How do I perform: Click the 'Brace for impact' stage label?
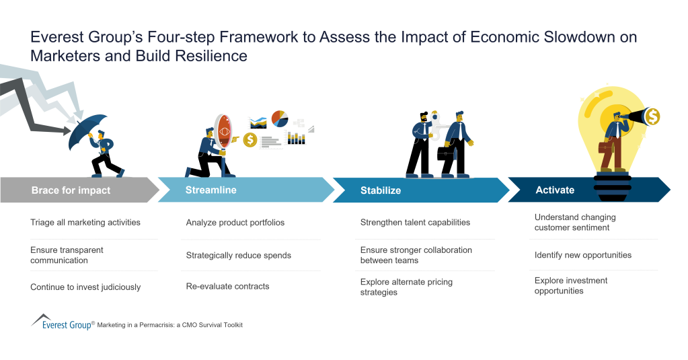pos(71,190)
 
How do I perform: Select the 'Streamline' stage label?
pos(211,190)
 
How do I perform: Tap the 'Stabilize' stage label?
pos(380,190)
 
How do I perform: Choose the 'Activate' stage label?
pos(555,190)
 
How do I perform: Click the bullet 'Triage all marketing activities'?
pos(85,222)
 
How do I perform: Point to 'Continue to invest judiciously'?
pos(85,287)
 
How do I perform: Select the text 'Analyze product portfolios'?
pos(235,222)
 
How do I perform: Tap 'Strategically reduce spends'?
pos(238,255)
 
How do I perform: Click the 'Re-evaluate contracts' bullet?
pos(227,286)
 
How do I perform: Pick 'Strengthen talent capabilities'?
pos(415,222)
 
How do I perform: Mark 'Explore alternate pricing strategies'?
pos(406,287)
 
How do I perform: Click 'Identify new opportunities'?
pos(583,255)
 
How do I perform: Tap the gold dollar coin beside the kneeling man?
pos(250,139)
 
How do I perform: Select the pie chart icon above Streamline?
pos(280,119)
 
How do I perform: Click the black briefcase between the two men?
pos(445,153)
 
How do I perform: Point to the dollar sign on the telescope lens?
pos(652,117)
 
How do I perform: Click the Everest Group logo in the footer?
pos(61,323)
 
